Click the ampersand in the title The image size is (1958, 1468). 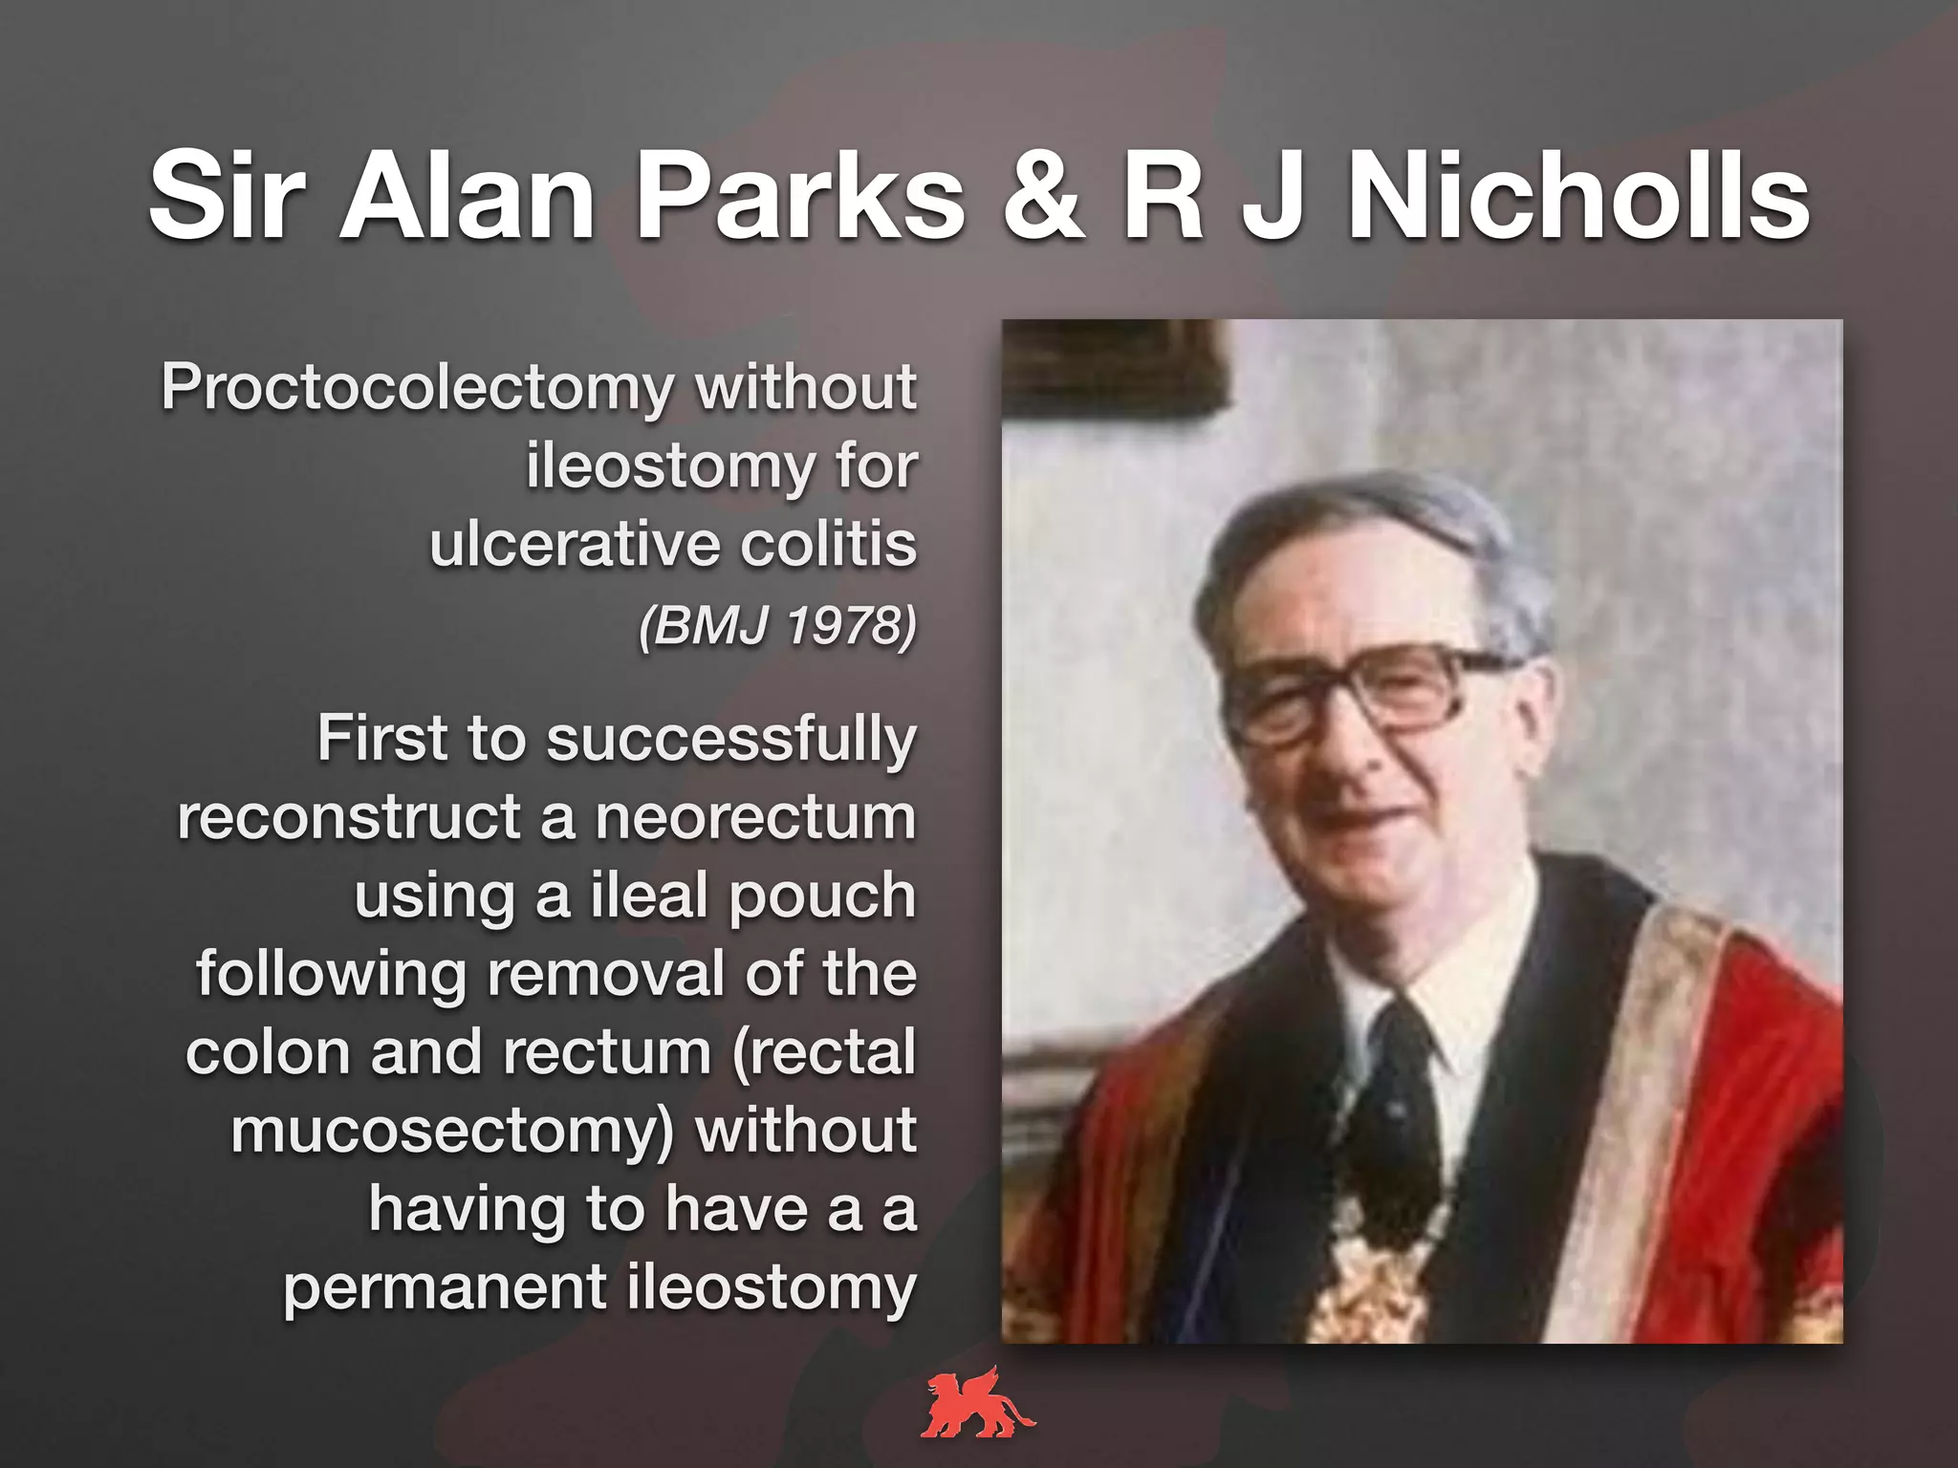[x=1044, y=196]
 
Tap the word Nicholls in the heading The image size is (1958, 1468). [x=1577, y=196]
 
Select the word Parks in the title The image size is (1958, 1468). [x=801, y=196]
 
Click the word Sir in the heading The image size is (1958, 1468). [x=228, y=196]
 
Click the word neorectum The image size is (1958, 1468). [x=755, y=819]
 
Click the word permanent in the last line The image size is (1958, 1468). [x=445, y=1288]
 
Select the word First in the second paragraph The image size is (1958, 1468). [x=381, y=739]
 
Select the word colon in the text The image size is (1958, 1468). [x=268, y=1053]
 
